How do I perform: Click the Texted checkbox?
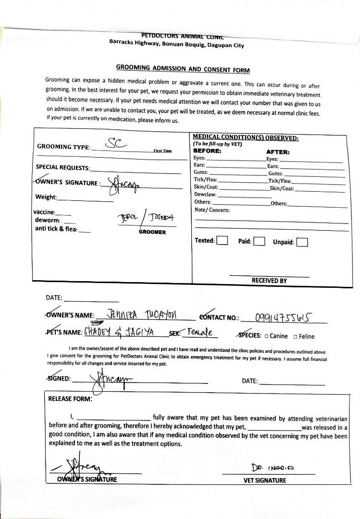(222, 240)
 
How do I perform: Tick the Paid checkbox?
(259, 241)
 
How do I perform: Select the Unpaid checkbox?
(302, 242)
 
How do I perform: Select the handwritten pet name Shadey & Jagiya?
(122, 332)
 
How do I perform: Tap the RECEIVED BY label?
(269, 281)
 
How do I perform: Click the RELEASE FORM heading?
(70, 398)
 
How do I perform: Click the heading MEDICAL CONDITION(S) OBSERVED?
(246, 138)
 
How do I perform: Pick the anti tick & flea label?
(56, 229)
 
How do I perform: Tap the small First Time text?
(162, 150)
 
